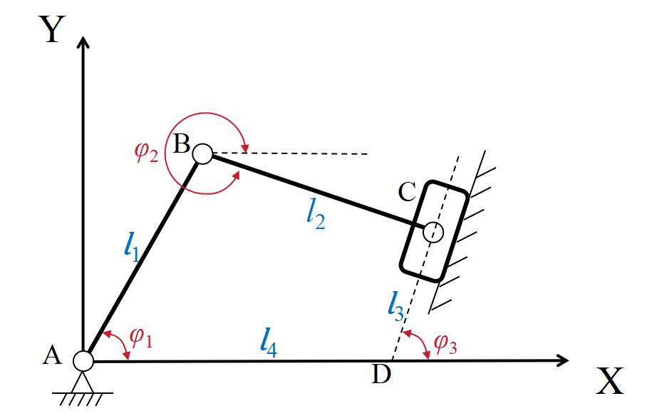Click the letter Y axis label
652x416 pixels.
click(51, 30)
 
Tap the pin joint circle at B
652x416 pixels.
click(202, 153)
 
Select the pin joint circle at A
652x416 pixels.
click(83, 361)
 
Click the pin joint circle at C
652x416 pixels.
click(433, 232)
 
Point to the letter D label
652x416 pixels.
click(382, 374)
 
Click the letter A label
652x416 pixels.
click(51, 355)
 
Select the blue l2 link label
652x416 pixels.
click(315, 216)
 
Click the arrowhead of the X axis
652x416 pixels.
click(562, 361)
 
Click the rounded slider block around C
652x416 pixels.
click(433, 231)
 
